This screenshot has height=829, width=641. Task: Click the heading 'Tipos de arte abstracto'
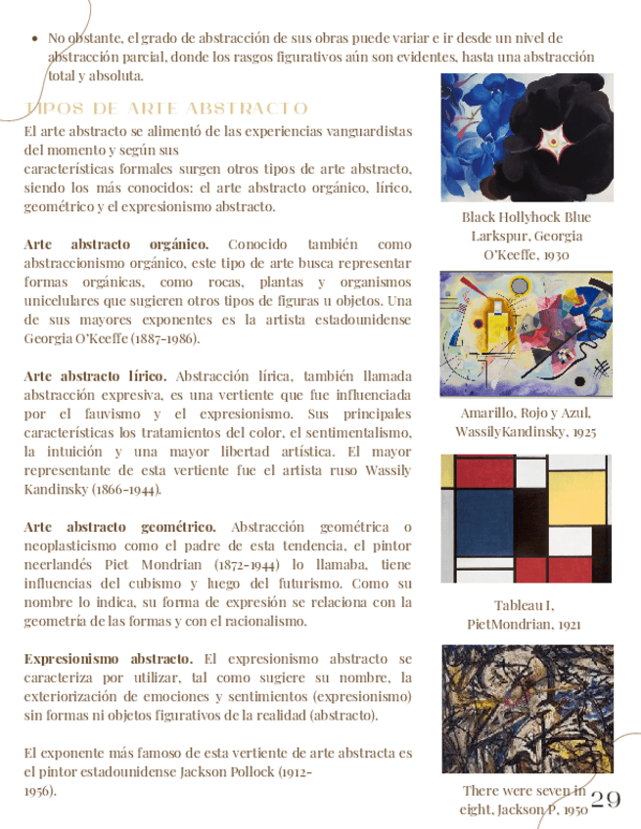(165, 109)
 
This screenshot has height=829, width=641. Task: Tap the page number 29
(607, 800)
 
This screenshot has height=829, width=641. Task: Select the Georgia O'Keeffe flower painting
(527, 137)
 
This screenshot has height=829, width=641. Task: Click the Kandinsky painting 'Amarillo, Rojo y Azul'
(527, 334)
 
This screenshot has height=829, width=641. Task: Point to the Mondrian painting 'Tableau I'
(527, 518)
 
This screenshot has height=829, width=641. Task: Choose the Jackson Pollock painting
(527, 708)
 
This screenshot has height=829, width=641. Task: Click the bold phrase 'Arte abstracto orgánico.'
(115, 243)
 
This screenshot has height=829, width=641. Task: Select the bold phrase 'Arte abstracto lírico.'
(95, 375)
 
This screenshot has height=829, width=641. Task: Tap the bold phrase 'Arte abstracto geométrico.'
(119, 527)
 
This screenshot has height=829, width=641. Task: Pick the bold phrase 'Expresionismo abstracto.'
(108, 659)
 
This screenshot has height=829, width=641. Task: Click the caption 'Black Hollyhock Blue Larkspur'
(527, 227)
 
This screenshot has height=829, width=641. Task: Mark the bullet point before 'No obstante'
(36, 39)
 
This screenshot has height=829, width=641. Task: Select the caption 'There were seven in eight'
(525, 791)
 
